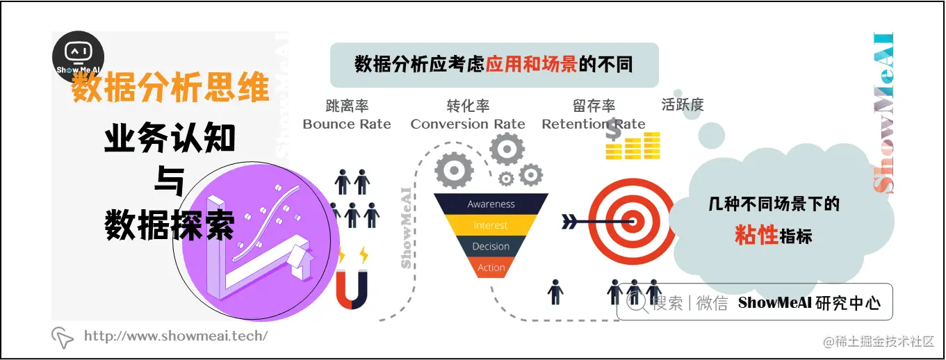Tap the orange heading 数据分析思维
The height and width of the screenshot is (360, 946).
click(x=170, y=90)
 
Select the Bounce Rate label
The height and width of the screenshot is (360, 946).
click(x=347, y=124)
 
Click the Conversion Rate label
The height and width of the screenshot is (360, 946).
click(x=468, y=124)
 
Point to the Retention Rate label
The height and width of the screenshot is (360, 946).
click(x=593, y=124)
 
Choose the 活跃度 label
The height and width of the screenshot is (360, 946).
click(x=683, y=105)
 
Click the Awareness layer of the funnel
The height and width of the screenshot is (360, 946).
click(x=491, y=204)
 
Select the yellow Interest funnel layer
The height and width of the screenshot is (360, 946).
click(x=491, y=225)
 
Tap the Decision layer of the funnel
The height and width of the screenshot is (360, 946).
click(x=491, y=247)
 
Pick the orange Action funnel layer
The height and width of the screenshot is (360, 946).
click(x=491, y=268)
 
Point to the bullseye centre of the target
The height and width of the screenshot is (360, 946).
click(x=632, y=222)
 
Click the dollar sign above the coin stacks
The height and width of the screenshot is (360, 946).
click(x=613, y=129)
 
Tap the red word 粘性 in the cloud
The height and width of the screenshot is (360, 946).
click(x=756, y=236)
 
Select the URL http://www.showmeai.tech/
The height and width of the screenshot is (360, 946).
click(x=175, y=336)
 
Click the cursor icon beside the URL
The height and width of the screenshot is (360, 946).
click(x=63, y=337)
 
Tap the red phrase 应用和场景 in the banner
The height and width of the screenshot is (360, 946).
click(x=531, y=65)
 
